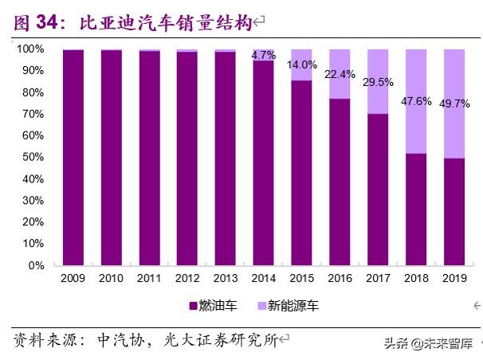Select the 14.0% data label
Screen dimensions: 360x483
coord(302,65)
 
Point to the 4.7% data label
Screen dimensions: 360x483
coord(264,55)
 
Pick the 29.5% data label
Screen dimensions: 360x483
coord(379,81)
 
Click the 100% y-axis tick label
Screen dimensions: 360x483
coord(29,49)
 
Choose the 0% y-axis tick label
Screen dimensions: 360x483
coord(36,266)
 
